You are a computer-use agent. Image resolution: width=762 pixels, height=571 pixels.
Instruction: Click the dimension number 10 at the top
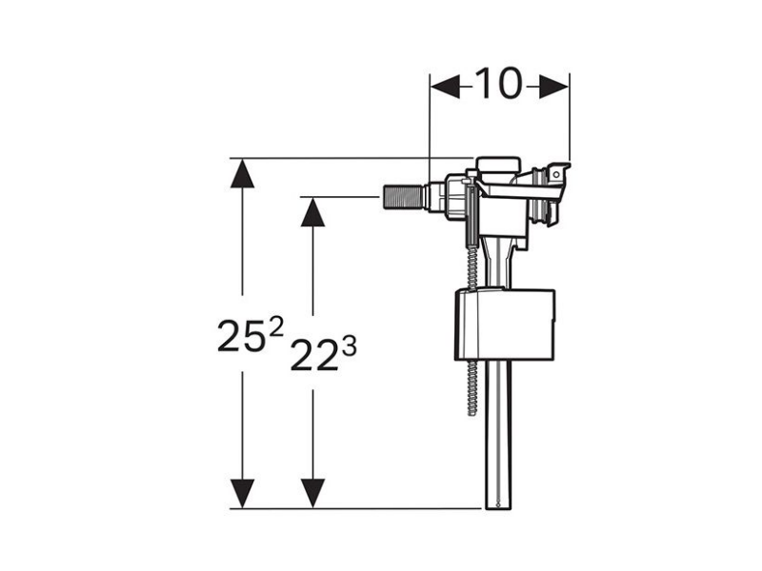point(498,84)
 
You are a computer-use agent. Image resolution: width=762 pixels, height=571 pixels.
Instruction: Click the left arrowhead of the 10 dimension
point(445,87)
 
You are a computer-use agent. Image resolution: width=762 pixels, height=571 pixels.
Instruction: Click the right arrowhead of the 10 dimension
point(553,87)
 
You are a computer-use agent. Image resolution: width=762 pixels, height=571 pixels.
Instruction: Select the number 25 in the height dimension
point(241,336)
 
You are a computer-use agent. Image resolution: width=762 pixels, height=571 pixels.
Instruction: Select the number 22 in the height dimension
point(313,355)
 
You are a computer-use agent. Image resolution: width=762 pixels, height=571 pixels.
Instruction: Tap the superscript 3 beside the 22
point(349,346)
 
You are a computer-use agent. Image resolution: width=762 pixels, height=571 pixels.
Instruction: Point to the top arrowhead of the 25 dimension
point(242,173)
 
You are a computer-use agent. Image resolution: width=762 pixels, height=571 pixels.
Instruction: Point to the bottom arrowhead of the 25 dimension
point(242,494)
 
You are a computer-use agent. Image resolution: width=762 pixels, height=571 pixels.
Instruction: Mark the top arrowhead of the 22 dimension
point(312,211)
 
